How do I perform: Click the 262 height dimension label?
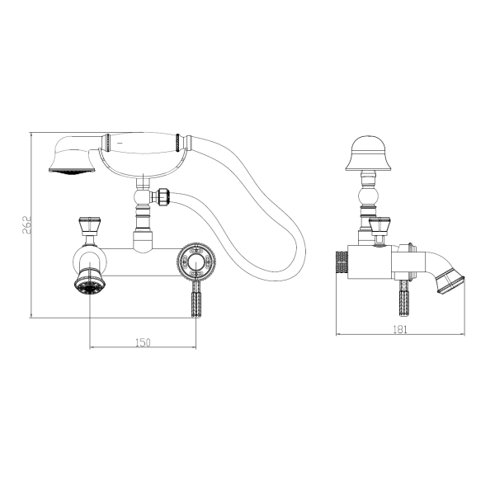point(26,224)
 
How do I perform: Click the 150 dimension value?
point(143,342)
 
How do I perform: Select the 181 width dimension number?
point(400,329)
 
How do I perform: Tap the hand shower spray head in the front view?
point(73,154)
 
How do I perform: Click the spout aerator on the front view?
point(89,281)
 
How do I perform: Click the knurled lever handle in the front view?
point(196,300)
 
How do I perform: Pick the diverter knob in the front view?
point(90,225)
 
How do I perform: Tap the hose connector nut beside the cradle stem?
point(163,196)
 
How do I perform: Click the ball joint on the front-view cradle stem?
point(141,197)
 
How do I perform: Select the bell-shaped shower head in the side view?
point(369,153)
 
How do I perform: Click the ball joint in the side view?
point(369,196)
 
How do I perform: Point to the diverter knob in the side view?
point(379,225)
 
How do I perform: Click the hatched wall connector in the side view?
point(342,262)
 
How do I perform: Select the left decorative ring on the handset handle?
point(107,143)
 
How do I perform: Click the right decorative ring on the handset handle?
point(177,144)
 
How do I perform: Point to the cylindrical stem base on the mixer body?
point(143,242)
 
